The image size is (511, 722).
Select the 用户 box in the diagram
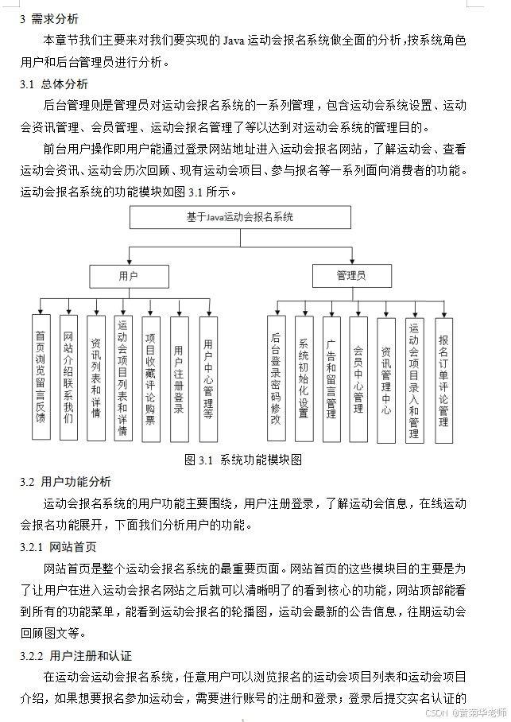click(x=128, y=276)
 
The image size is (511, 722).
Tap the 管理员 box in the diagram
click(x=351, y=276)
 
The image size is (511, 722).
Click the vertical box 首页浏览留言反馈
click(x=41, y=378)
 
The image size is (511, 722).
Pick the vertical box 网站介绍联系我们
click(x=68, y=378)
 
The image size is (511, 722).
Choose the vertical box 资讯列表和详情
click(x=95, y=378)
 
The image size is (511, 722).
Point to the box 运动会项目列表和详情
click(x=122, y=378)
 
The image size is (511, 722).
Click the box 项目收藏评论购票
click(x=150, y=378)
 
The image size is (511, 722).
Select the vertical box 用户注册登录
click(x=179, y=378)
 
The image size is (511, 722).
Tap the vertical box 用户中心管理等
click(x=208, y=378)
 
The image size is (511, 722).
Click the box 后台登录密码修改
click(x=276, y=378)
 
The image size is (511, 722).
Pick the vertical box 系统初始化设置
click(x=304, y=378)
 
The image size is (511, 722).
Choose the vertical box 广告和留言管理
click(x=331, y=378)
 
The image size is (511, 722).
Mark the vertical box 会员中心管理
click(x=358, y=378)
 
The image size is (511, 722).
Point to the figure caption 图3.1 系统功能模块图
click(x=243, y=460)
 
